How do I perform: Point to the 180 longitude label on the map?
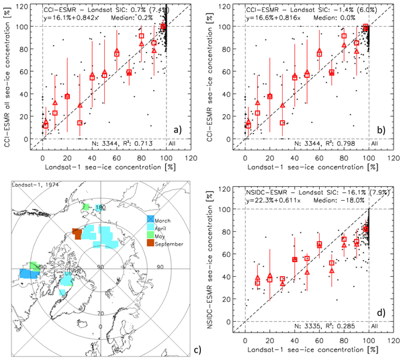click(99, 208)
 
